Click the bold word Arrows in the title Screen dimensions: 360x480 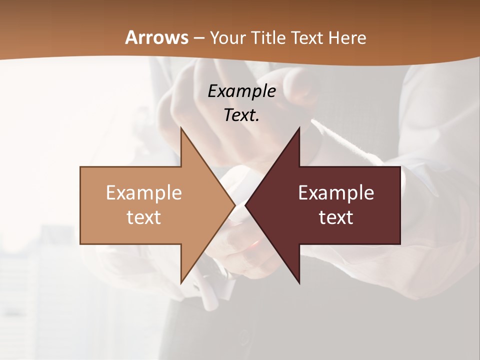pos(156,37)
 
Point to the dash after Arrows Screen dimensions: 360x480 pos(198,38)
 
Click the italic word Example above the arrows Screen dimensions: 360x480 pos(241,91)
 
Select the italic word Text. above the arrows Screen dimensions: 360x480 pos(241,115)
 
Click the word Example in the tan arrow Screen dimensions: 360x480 pos(144,192)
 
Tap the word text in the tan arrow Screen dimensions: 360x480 pos(144,217)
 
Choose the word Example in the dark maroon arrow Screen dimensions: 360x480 pos(336,192)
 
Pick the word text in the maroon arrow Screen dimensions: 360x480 pos(336,217)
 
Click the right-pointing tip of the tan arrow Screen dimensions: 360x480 pos(234,205)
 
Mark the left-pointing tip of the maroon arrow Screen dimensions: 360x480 pos(246,205)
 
